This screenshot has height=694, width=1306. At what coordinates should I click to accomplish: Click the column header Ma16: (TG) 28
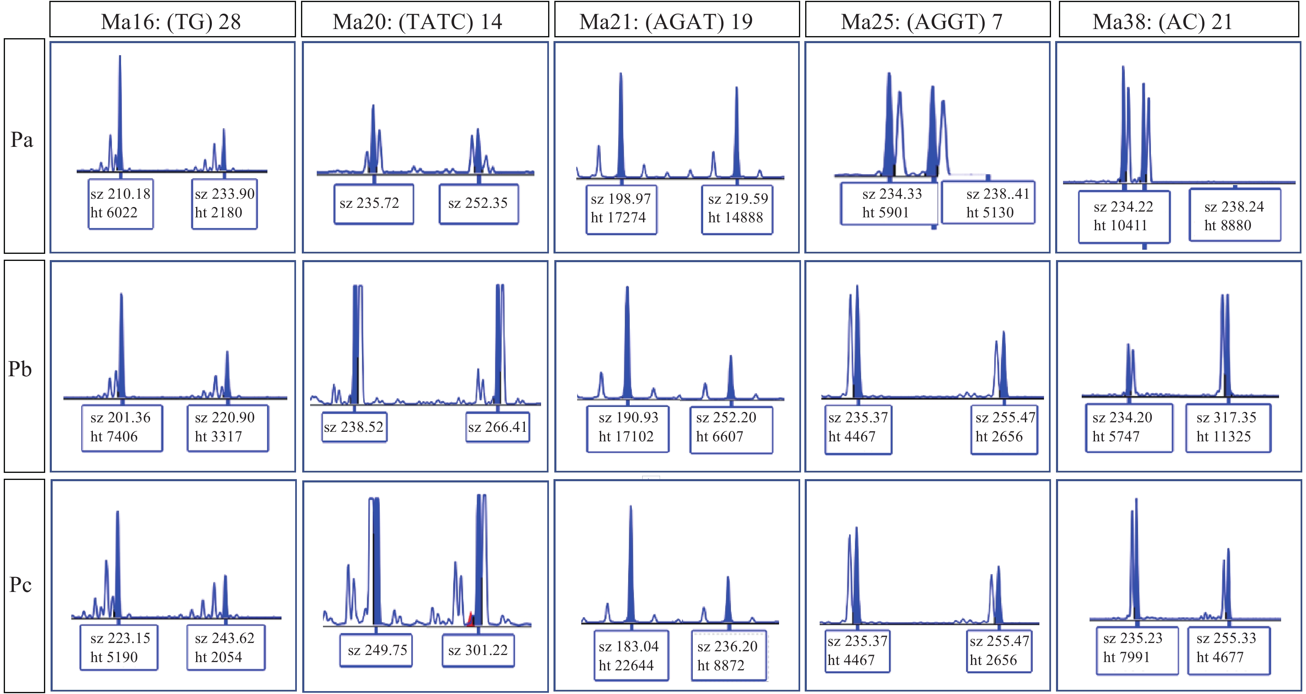point(172,20)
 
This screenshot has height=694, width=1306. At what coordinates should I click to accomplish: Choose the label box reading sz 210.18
point(121,203)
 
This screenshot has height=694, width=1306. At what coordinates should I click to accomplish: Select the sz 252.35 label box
point(478,203)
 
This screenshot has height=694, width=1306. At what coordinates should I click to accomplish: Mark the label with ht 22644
point(631,655)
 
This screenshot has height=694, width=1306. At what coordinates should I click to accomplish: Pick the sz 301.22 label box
point(478,650)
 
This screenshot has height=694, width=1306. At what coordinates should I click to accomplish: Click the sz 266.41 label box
point(498,427)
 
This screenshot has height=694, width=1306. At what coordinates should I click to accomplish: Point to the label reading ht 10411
point(1124,216)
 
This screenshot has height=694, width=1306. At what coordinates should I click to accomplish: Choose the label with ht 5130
point(988,202)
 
